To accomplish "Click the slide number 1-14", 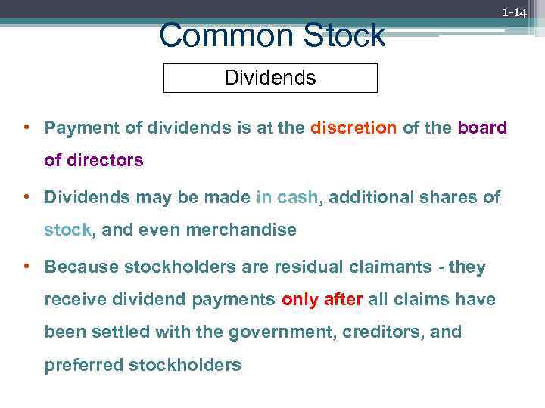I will point(515,13).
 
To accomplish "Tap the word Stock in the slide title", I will point(340,36).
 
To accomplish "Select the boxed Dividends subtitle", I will point(270,78).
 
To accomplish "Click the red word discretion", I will point(353,128).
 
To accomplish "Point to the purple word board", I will point(482,128).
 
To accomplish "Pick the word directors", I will point(105,160).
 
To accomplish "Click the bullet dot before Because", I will point(26,267).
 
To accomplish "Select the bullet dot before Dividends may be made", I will point(26,197).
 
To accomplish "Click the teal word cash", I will point(298,197).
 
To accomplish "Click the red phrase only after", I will point(322,299).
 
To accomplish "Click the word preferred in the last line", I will point(83,366).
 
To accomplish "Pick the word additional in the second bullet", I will point(368,197).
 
